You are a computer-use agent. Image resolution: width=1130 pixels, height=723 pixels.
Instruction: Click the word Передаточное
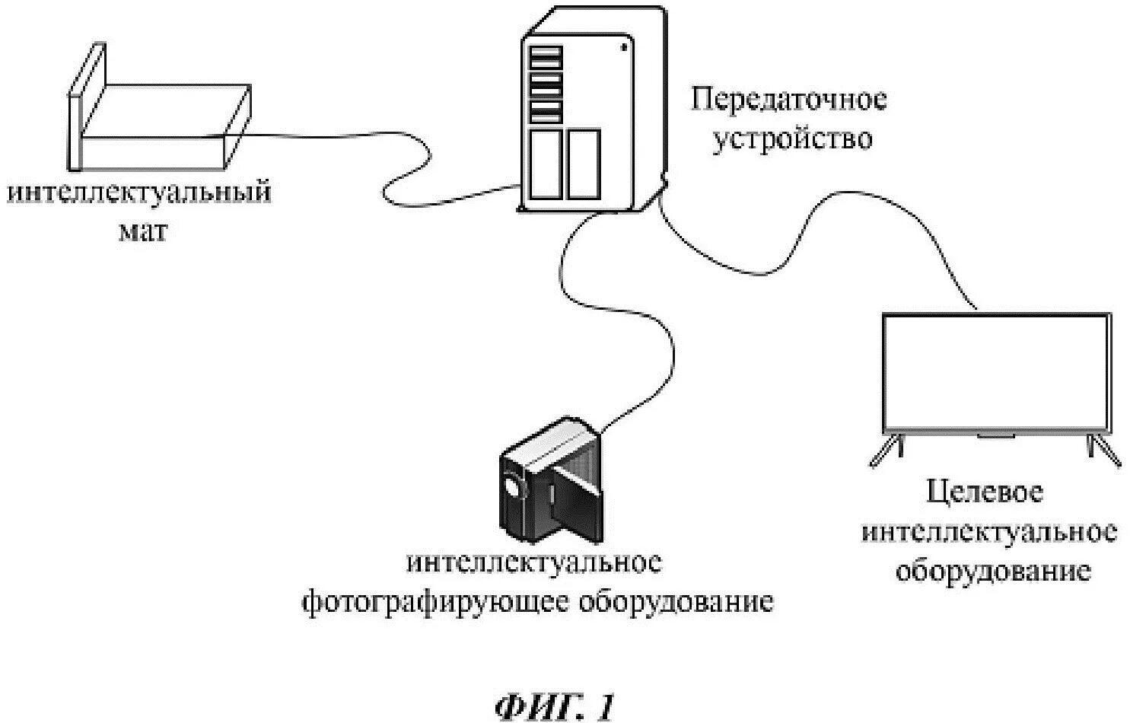pyautogui.click(x=788, y=100)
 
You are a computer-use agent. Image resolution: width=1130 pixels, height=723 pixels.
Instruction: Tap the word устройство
pyautogui.click(x=791, y=139)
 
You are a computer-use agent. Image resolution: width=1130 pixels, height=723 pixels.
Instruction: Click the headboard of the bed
pyautogui.click(x=85, y=107)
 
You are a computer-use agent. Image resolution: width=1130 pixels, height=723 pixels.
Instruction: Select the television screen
pyautogui.click(x=995, y=373)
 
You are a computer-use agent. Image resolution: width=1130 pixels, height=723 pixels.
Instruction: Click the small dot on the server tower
pyautogui.click(x=624, y=47)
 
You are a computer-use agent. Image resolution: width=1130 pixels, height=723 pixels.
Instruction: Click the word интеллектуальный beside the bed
pyautogui.click(x=139, y=191)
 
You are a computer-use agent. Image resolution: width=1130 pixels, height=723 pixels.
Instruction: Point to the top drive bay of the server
pyautogui.click(x=546, y=55)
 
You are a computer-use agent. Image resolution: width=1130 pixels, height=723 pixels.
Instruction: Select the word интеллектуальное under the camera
pyautogui.click(x=534, y=563)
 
